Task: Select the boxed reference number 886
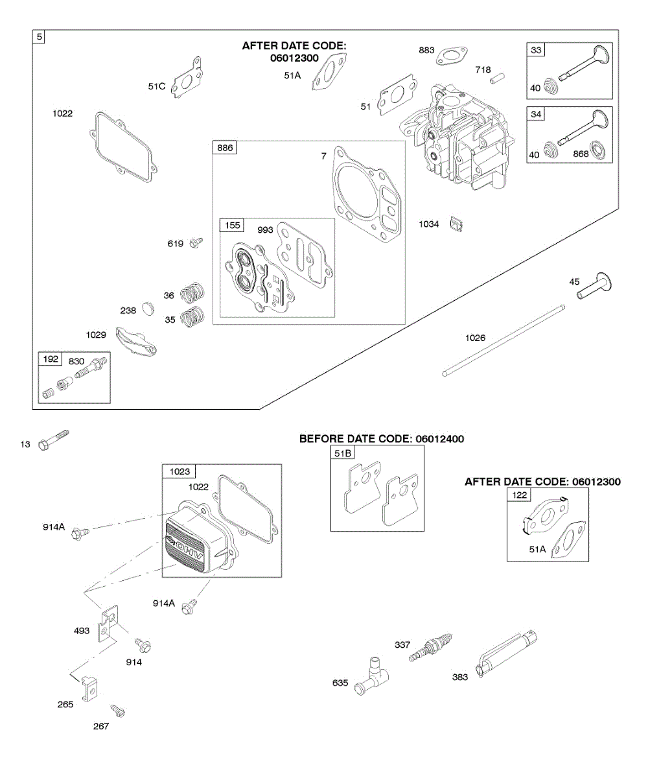pos(225,148)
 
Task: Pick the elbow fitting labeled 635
pos(371,676)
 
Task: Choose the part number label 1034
pos(428,224)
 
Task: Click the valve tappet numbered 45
pos(596,286)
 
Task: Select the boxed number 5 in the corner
pos(40,37)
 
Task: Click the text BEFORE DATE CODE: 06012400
pos(381,439)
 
